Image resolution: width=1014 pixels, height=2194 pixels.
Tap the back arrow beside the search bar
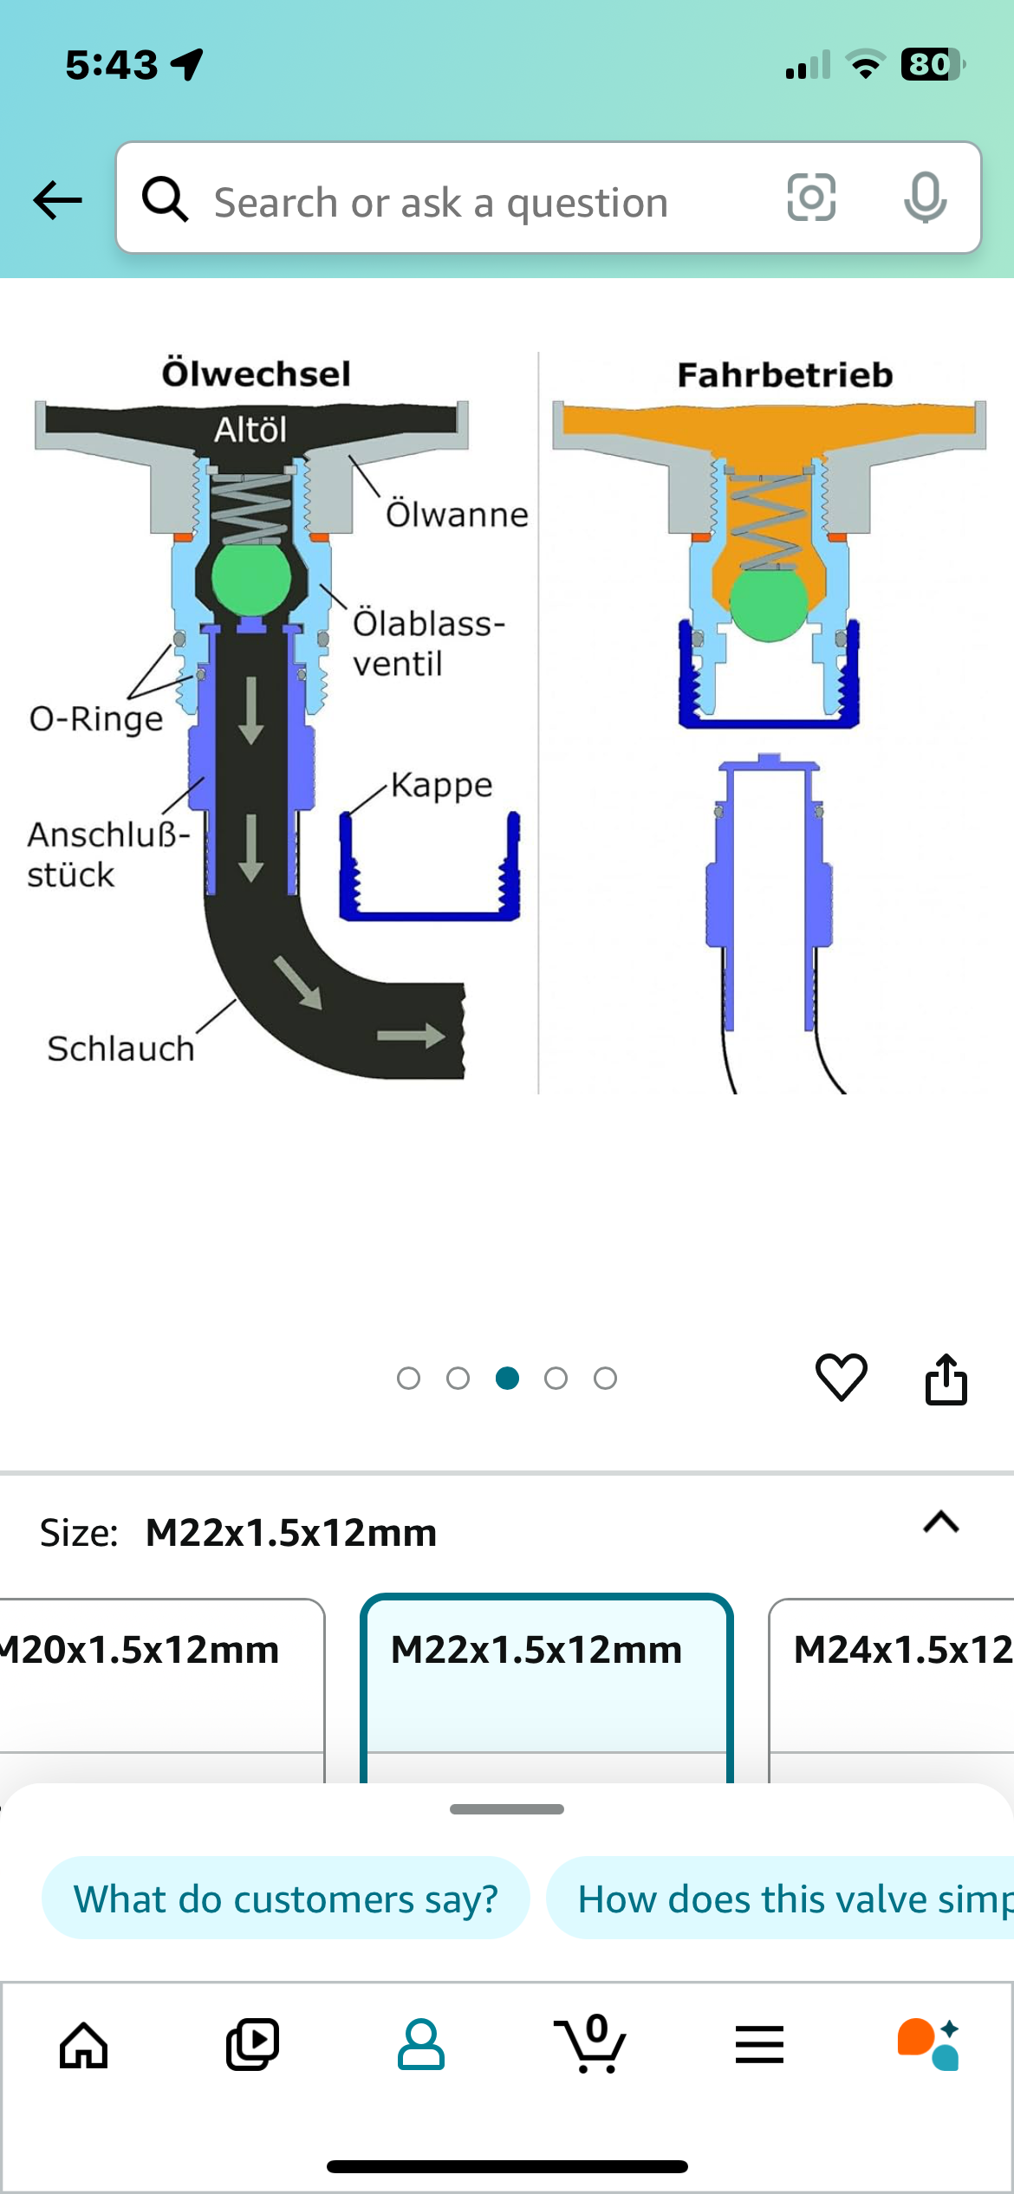pyautogui.click(x=57, y=200)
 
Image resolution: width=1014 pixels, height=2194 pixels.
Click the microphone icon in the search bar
pyautogui.click(x=925, y=198)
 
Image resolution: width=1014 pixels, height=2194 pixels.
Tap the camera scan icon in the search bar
pyautogui.click(x=811, y=198)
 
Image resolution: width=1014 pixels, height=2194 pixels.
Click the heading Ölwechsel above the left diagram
pyautogui.click(x=257, y=373)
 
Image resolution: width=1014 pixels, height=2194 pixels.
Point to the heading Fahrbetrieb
pyautogui.click(x=785, y=375)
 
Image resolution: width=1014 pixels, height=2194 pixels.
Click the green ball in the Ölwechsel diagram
pyautogui.click(x=251, y=577)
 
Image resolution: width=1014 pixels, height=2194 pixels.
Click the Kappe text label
pyautogui.click(x=442, y=786)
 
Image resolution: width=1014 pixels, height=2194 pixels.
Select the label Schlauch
pyautogui.click(x=120, y=1048)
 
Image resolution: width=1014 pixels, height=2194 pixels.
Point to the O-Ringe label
pyautogui.click(x=96, y=719)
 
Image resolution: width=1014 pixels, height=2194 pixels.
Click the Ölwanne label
pyautogui.click(x=457, y=514)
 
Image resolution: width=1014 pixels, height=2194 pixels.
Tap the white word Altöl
pyautogui.click(x=250, y=430)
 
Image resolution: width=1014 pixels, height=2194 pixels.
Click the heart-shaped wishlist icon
pyautogui.click(x=841, y=1377)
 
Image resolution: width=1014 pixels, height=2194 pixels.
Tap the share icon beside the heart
pyautogui.click(x=946, y=1378)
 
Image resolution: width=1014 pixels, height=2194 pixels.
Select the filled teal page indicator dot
pyautogui.click(x=507, y=1378)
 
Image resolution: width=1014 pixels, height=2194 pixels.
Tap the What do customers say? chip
pyautogui.click(x=285, y=1899)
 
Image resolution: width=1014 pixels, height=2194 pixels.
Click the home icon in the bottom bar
pyautogui.click(x=84, y=2046)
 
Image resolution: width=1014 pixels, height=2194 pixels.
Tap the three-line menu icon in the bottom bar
pyautogui.click(x=759, y=2045)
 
